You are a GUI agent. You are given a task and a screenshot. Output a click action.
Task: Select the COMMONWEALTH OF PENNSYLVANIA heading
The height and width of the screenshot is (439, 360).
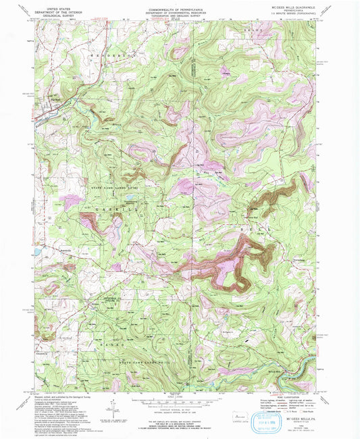click(x=180, y=7)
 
